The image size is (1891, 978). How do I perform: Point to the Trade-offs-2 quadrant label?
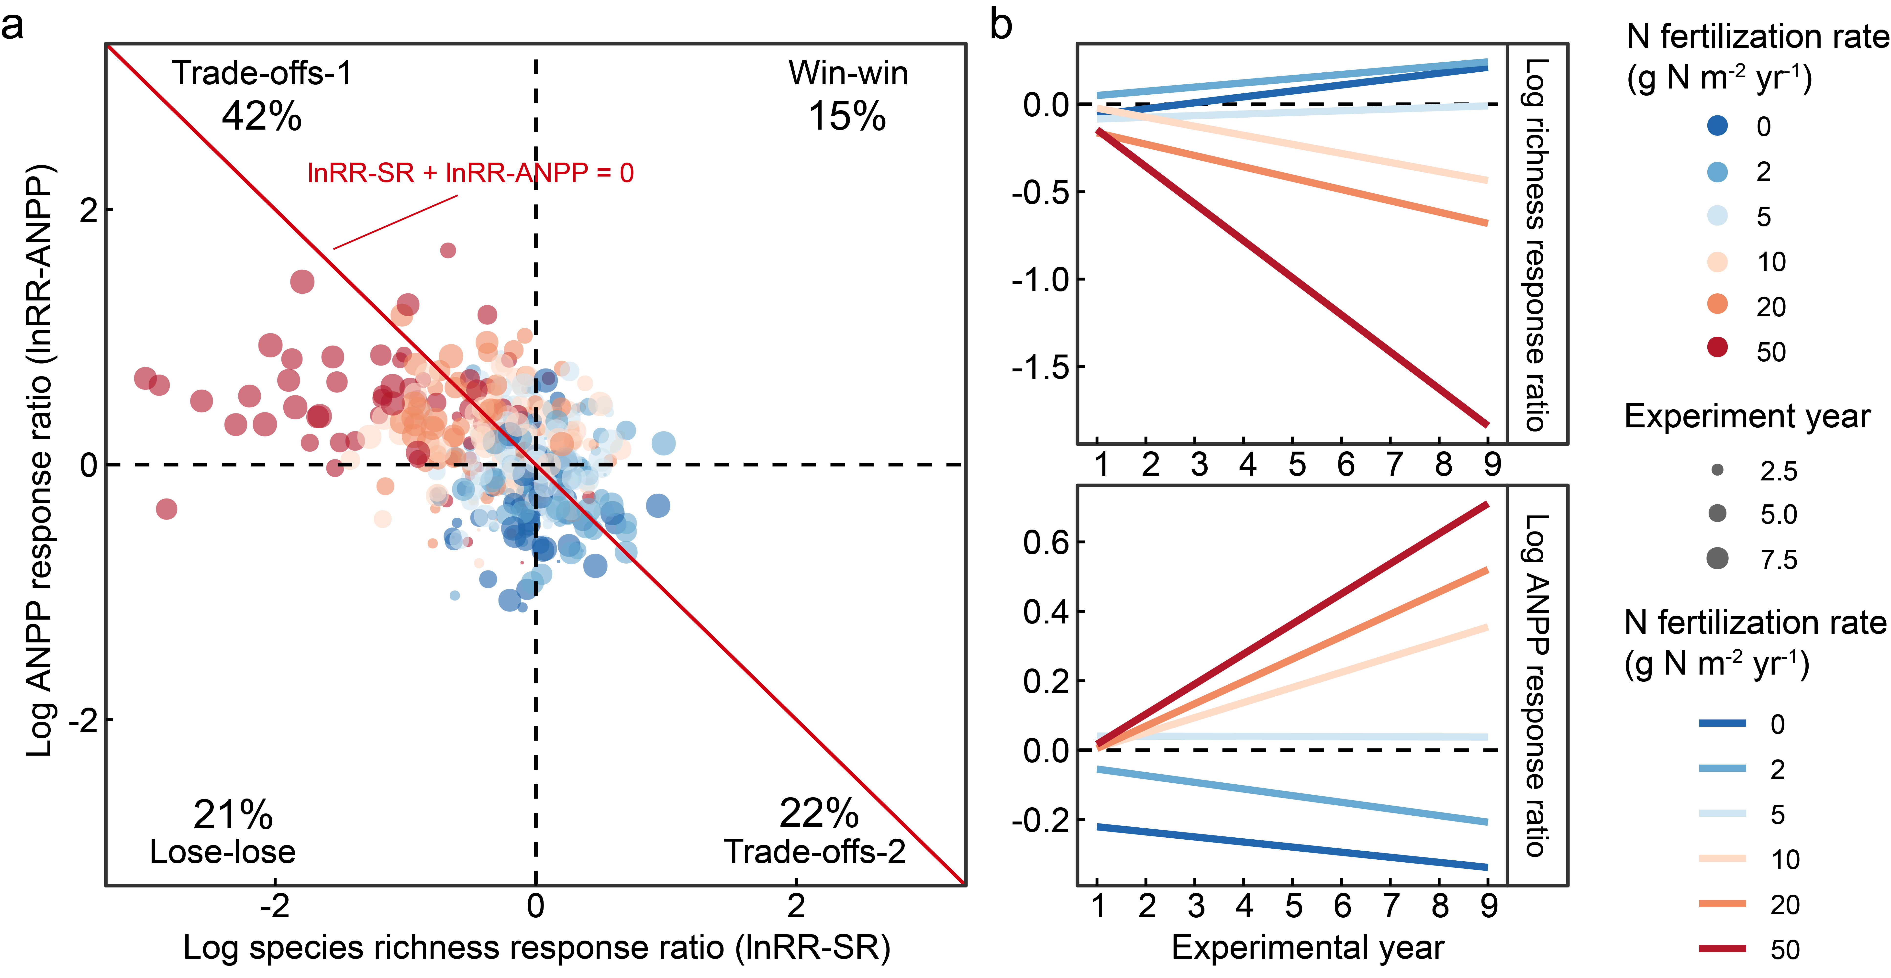[815, 852]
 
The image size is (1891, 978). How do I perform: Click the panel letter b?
[1001, 25]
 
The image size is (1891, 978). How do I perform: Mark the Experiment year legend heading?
[1747, 417]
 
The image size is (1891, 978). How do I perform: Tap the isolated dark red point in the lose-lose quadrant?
[167, 508]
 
